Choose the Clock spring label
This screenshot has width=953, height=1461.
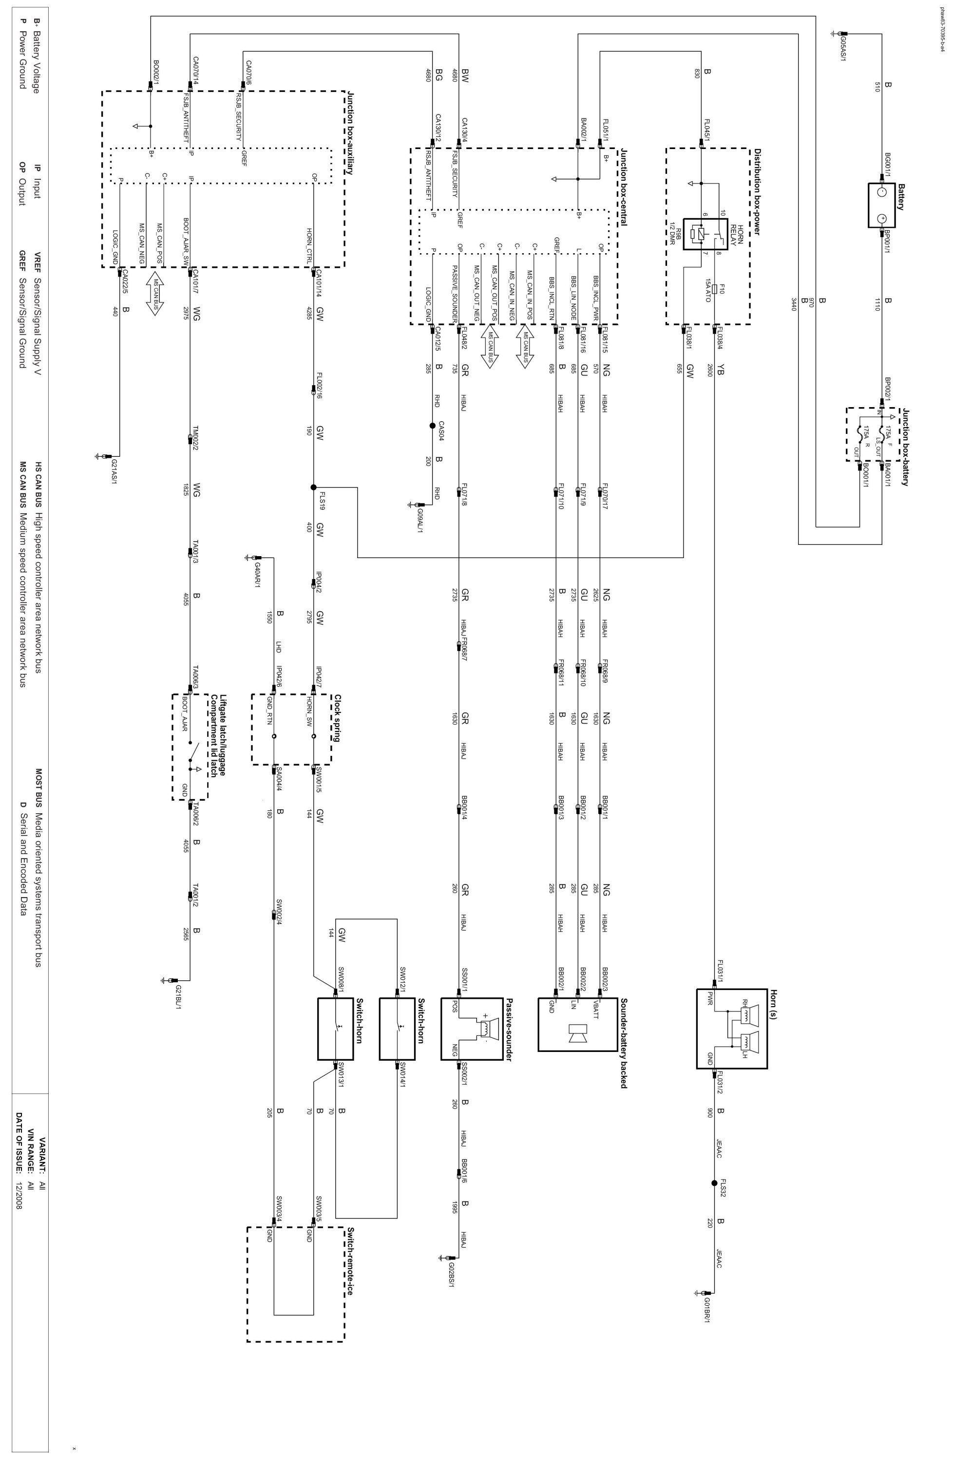[337, 719]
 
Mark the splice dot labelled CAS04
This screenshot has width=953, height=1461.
[432, 426]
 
